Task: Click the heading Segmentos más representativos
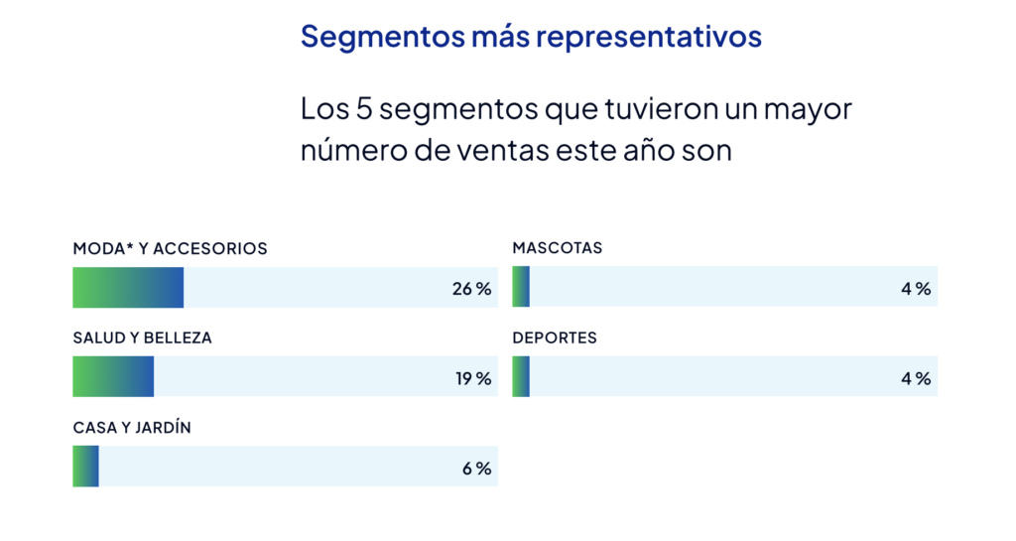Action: click(531, 37)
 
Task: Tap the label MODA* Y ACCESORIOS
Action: click(170, 249)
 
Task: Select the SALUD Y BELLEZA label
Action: click(142, 338)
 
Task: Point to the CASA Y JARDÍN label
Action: click(131, 429)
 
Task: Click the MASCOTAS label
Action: click(557, 249)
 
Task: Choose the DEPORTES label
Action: click(555, 338)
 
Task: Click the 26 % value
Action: click(471, 289)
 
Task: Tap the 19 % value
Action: click(473, 378)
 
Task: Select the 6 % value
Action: click(476, 469)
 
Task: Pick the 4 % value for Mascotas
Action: click(916, 289)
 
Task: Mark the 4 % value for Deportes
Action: click(916, 378)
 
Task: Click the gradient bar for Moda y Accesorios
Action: click(128, 288)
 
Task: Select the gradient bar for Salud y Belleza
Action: click(113, 377)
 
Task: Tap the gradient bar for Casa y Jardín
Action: click(85, 467)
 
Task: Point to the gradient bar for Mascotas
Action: click(521, 288)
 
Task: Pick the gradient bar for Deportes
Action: click(521, 377)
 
